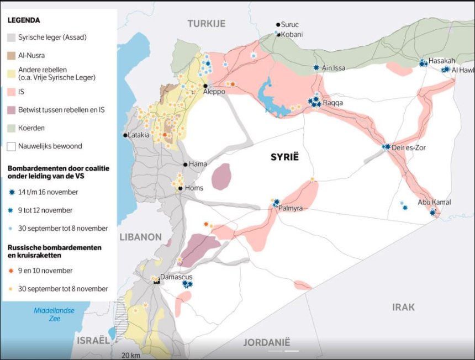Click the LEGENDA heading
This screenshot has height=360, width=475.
(x=24, y=20)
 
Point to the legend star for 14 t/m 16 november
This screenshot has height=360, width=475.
(x=12, y=192)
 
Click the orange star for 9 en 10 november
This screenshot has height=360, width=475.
(x=12, y=271)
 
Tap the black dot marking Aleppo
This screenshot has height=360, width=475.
(x=205, y=86)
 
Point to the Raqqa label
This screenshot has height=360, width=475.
(x=333, y=103)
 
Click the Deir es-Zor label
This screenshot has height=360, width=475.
(x=409, y=147)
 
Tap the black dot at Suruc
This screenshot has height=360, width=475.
(x=278, y=25)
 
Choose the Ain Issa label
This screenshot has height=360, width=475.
(x=334, y=68)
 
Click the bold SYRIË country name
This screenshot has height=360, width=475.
(x=284, y=157)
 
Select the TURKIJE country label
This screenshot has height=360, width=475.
(x=207, y=23)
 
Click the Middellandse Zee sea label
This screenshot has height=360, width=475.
(x=54, y=314)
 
